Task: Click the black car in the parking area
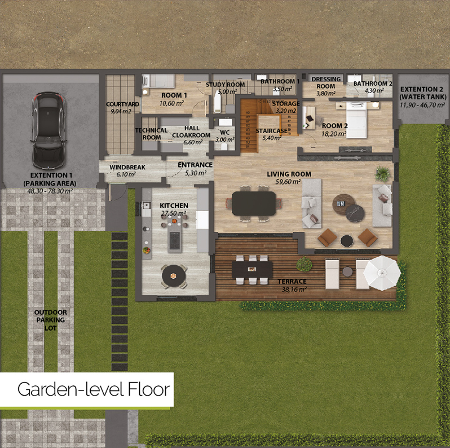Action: tap(48, 130)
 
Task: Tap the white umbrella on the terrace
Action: tap(382, 273)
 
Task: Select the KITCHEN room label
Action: tap(174, 205)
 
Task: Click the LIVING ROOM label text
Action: tap(289, 174)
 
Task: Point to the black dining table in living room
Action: tap(254, 203)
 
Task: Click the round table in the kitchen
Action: tap(174, 276)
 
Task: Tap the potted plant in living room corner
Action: tap(383, 174)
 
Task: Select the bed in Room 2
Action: tap(356, 120)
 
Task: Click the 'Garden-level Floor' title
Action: tap(94, 389)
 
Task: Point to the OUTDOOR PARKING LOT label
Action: tap(51, 320)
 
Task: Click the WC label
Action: tap(224, 133)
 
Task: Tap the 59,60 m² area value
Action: tap(288, 182)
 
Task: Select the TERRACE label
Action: tap(292, 282)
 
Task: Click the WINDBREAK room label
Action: tap(127, 167)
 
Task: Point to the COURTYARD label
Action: tap(122, 104)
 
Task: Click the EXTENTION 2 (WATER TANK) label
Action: tap(423, 93)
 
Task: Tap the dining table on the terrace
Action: tap(252, 269)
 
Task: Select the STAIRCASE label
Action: tap(271, 131)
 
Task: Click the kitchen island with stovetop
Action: tap(174, 234)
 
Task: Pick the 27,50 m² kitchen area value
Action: tap(173, 213)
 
